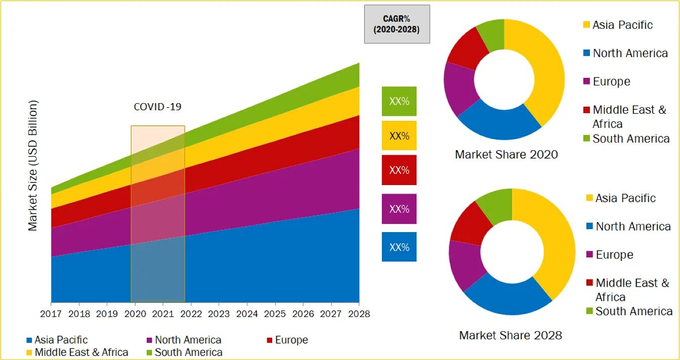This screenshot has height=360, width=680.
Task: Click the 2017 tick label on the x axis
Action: tap(51, 314)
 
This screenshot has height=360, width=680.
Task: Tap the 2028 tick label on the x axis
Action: tap(359, 314)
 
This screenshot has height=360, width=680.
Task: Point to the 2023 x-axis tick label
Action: tap(219, 314)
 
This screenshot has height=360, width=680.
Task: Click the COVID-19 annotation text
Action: tap(157, 107)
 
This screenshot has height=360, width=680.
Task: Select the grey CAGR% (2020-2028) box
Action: tap(397, 24)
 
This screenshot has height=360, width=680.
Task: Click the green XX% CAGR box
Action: tap(399, 101)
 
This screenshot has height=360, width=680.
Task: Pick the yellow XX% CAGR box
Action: tap(399, 136)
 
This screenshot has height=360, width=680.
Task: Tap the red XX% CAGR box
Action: tap(399, 170)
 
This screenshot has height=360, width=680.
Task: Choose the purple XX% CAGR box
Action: tap(399, 209)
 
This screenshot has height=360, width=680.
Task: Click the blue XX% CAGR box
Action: tap(399, 247)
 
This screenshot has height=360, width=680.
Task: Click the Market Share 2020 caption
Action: tap(506, 155)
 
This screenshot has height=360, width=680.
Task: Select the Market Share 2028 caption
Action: tap(511, 335)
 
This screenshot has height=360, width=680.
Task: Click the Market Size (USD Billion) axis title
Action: tap(33, 165)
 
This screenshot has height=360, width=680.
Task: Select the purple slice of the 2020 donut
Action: tap(458, 88)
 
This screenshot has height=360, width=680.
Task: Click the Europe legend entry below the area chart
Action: tap(291, 340)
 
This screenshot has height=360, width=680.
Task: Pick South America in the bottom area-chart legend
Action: tap(188, 352)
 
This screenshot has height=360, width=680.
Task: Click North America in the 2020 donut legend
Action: tap(630, 53)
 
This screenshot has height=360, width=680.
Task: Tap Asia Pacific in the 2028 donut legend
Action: tap(625, 198)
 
